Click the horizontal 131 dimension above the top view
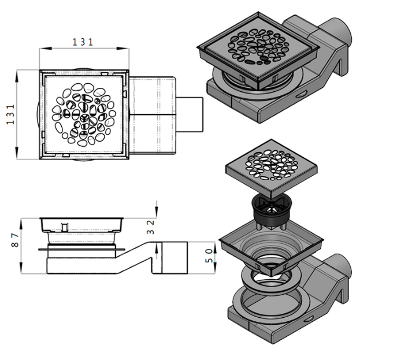(83, 42)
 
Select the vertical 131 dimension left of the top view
(10, 114)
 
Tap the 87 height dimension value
(15, 240)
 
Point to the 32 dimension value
(151, 227)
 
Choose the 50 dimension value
(209, 255)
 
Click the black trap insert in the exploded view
(270, 211)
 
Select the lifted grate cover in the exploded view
(271, 168)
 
